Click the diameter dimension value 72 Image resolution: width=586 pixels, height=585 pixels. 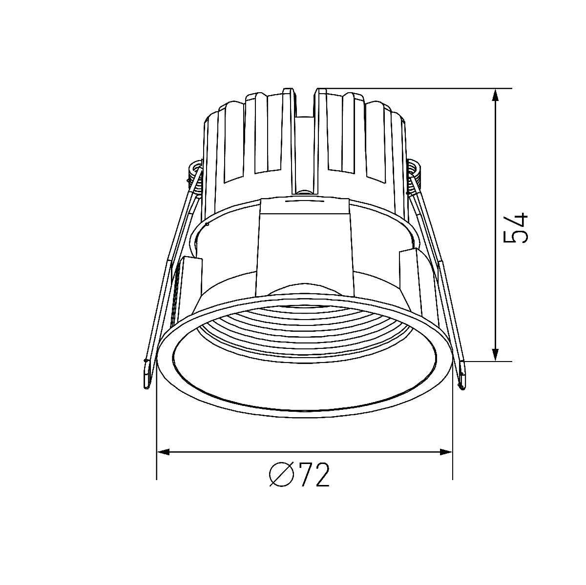(314, 474)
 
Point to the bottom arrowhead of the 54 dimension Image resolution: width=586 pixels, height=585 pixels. (495, 355)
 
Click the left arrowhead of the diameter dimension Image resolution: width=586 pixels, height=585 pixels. (163, 452)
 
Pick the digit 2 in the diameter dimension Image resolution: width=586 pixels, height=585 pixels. (322, 474)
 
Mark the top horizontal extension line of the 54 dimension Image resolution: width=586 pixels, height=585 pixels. (415, 88)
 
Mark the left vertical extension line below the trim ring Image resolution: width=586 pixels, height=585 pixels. (156, 439)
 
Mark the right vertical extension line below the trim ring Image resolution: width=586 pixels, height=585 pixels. (453, 439)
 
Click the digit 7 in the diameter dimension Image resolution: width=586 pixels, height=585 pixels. (307, 474)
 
